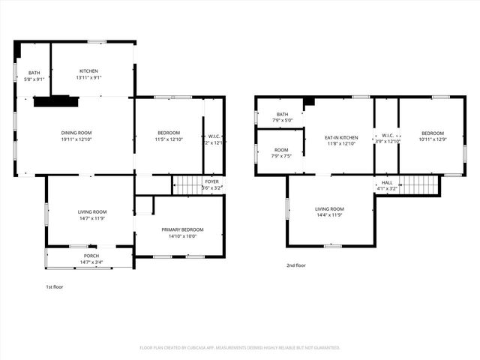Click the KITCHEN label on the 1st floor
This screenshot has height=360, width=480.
tap(88, 71)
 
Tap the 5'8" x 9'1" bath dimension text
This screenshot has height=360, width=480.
tap(34, 78)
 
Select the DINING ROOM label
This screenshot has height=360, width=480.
tap(76, 133)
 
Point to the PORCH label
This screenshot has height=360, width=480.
tap(91, 256)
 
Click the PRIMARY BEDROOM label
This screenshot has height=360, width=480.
tap(178, 229)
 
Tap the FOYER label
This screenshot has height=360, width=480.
tap(212, 181)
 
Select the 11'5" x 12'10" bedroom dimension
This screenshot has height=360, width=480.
tap(167, 139)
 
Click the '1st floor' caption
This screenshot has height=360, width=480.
tap(54, 286)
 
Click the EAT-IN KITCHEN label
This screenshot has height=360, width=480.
tap(340, 137)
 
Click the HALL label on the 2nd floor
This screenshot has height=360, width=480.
tap(386, 182)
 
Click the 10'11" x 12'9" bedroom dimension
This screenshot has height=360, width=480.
tap(431, 139)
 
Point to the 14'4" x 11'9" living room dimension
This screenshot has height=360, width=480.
tap(328, 215)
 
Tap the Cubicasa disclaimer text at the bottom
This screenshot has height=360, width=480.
tap(240, 348)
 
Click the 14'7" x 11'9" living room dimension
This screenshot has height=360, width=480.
tap(92, 218)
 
